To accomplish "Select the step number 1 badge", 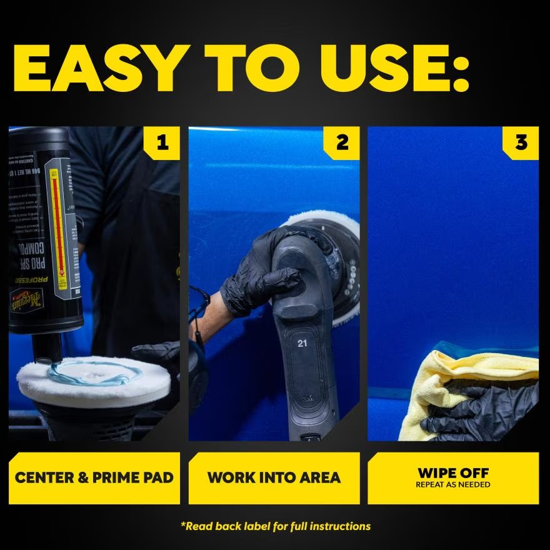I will point(162,142).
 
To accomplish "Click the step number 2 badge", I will point(342,142).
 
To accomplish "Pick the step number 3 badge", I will point(521,142).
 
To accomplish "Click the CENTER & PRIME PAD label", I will point(94,478).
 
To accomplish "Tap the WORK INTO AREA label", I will point(274,478).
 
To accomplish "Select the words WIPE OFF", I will point(453,472).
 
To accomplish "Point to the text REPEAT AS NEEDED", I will point(453,485).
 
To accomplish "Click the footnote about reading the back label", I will point(275,526).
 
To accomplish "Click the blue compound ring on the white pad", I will point(94,375).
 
